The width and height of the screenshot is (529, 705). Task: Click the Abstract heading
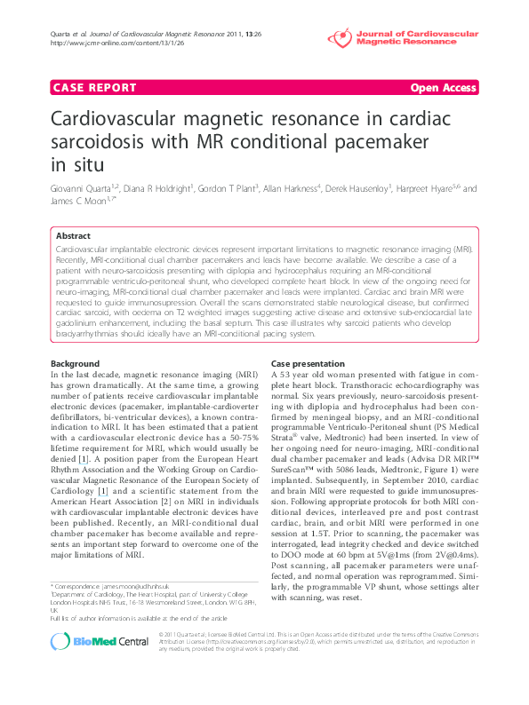click(73, 236)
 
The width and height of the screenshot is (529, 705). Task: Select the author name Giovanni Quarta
click(78, 189)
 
